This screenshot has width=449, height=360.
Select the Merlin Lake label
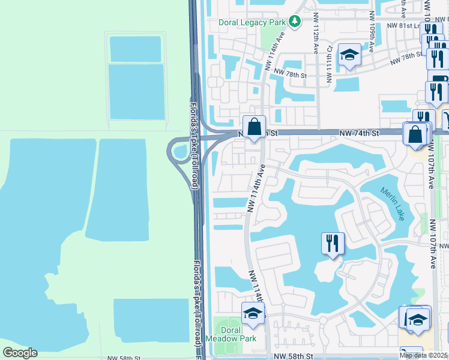392,204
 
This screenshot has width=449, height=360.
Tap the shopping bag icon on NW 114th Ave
254,127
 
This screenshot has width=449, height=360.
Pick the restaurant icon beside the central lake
333,244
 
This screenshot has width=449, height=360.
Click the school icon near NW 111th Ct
349,56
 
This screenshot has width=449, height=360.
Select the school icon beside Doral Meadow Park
253,314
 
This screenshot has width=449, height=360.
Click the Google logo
20,353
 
